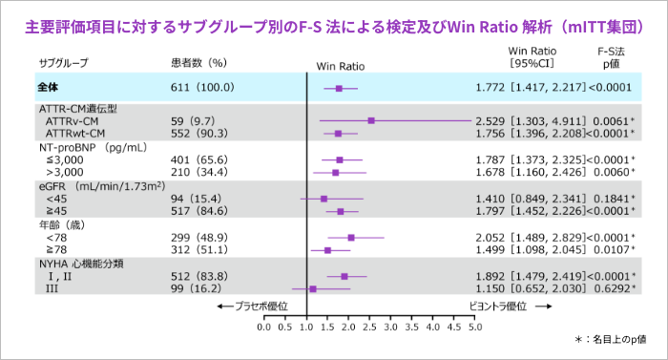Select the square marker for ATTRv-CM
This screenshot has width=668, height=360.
point(371,121)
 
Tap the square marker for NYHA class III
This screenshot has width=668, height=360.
point(312,287)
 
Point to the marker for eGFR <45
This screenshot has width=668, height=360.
point(324,199)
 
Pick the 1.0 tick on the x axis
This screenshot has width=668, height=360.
point(306,327)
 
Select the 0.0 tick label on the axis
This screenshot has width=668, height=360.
point(264,327)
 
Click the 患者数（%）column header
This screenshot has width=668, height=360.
point(198,63)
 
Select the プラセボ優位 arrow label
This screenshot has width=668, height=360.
point(253,306)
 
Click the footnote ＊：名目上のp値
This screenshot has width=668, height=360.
point(611,340)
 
